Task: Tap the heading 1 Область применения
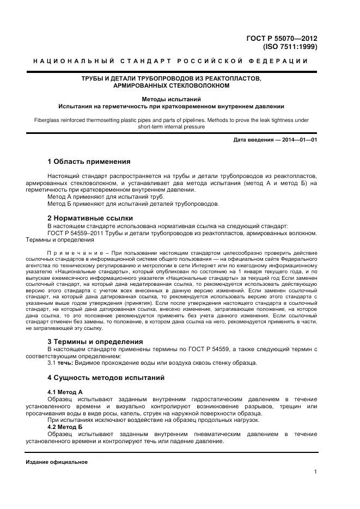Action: coord(89,162)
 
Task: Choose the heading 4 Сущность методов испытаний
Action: coord(106,377)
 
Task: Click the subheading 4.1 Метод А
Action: coord(65,391)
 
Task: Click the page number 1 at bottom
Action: coord(316,471)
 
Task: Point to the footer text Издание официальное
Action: coord(57,462)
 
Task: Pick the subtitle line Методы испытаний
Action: coord(171,100)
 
